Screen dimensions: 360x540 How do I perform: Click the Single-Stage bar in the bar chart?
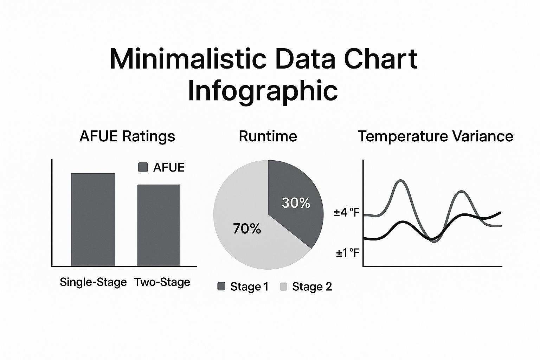93,220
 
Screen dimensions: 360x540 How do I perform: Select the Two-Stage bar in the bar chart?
159,225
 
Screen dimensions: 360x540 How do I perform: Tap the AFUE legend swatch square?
143,167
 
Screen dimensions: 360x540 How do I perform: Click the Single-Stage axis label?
93,282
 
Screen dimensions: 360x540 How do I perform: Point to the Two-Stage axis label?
162,282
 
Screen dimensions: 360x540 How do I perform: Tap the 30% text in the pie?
296,203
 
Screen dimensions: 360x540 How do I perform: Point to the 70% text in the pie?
247,229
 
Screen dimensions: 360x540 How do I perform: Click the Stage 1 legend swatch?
221,287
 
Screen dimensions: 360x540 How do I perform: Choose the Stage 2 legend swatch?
283,287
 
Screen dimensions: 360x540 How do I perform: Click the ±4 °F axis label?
347,212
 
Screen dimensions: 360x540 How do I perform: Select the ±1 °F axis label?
348,253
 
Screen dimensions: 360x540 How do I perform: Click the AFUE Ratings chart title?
127,136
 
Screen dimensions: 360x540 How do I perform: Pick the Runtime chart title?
268,136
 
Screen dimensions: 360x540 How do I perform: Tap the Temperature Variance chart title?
436,136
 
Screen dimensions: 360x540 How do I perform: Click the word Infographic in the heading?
263,91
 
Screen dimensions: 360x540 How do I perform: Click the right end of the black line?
500,212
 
